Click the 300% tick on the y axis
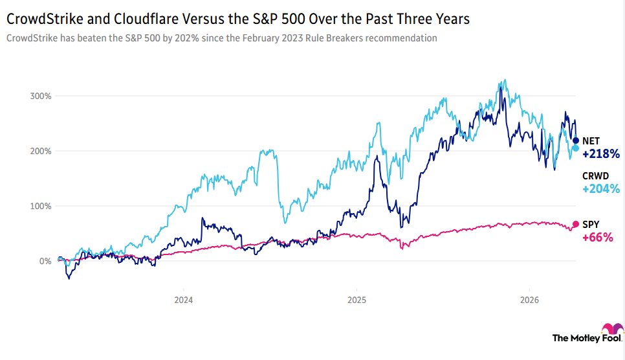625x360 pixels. click(x=41, y=96)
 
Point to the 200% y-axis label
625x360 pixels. click(x=41, y=151)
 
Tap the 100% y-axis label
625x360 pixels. click(x=41, y=206)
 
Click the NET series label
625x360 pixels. click(x=591, y=141)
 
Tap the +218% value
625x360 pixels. click(x=601, y=154)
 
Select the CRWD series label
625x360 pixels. click(x=595, y=175)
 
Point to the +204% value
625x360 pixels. click(x=601, y=189)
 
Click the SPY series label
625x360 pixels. click(x=590, y=224)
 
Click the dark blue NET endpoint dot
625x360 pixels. click(x=576, y=141)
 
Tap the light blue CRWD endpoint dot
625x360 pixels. click(x=576, y=148)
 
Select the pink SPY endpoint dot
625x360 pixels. click(x=576, y=225)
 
